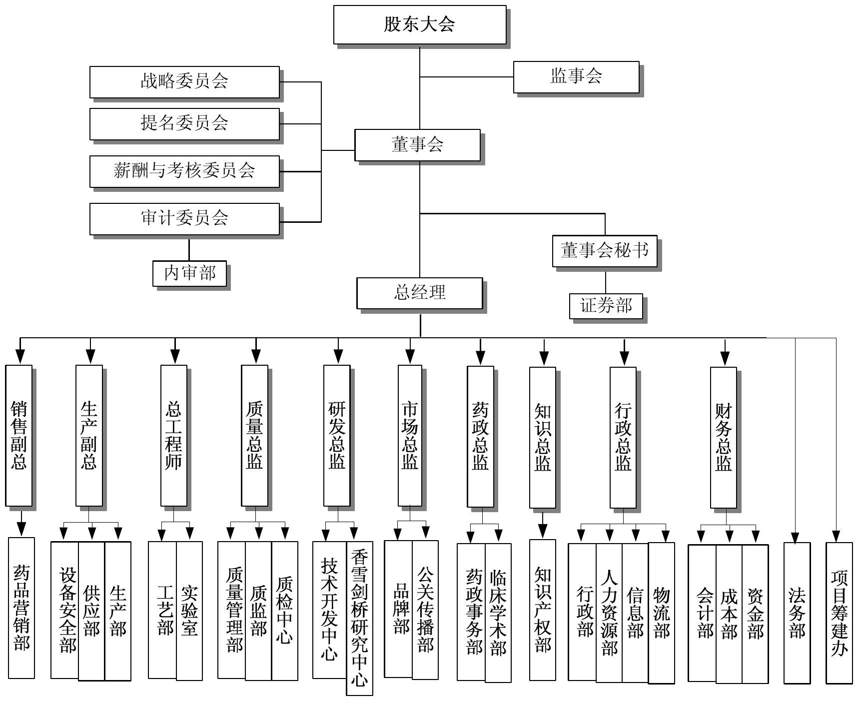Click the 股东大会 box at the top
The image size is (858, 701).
point(420,24)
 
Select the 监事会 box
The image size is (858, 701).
point(576,77)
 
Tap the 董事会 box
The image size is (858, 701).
point(417,145)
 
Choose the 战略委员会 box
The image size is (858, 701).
point(184,82)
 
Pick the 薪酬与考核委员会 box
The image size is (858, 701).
point(184,171)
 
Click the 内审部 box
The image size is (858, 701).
point(189,273)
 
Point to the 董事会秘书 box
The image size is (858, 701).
point(605,251)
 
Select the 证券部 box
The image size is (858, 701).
point(606,306)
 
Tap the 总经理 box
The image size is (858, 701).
point(419,293)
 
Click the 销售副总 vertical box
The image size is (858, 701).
point(19,435)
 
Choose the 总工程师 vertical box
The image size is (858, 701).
point(174,435)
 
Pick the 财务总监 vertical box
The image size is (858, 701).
point(724,437)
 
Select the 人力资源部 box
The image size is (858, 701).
point(609,613)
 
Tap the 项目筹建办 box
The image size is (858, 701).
point(839,613)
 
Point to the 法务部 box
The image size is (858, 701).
point(797,613)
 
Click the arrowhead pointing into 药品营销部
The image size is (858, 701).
point(21,530)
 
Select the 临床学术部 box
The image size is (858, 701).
point(498,613)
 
